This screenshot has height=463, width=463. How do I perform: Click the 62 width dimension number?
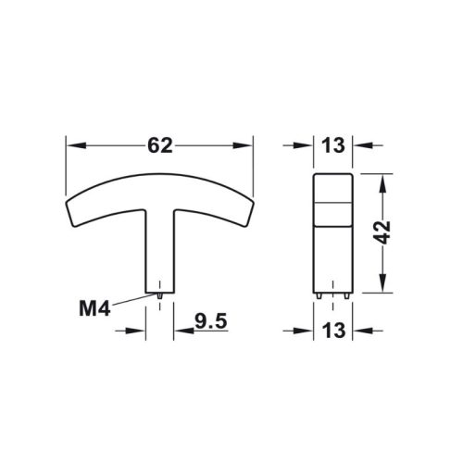pyautogui.click(x=159, y=145)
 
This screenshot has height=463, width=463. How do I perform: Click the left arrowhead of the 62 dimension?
pyautogui.click(x=72, y=145)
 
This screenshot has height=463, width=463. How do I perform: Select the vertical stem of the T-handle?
pyautogui.click(x=160, y=250)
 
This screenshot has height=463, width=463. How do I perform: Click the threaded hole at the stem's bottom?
pyautogui.click(x=160, y=294)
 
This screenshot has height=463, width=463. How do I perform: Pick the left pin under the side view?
pyautogui.click(x=319, y=295)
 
